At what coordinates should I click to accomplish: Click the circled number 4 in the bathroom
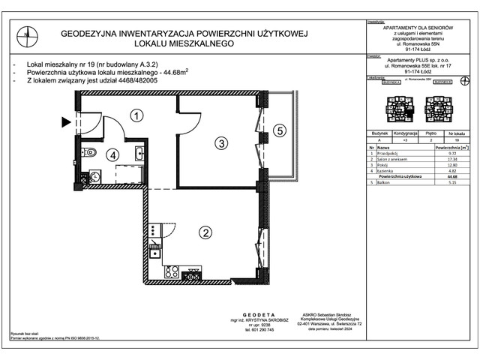pyautogui.click(x=112, y=156)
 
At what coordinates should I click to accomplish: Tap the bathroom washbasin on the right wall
pyautogui.click(x=139, y=154)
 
